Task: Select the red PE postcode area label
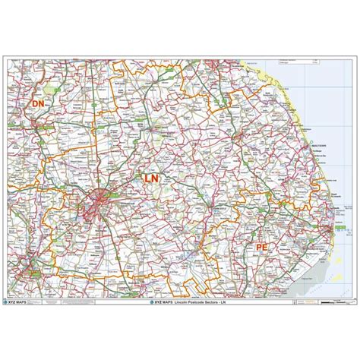(261, 226)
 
